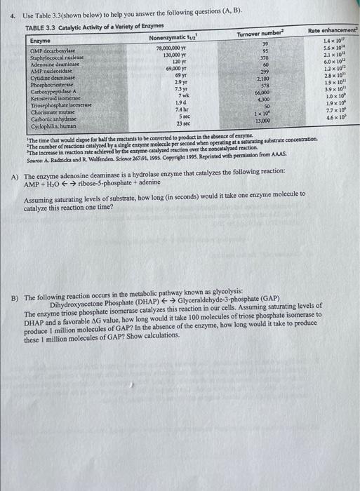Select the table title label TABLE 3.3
(x=41, y=25)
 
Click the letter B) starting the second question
(x=15, y=290)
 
